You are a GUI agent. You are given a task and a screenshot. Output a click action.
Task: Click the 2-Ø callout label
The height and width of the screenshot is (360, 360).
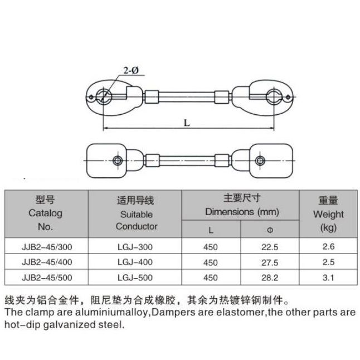tap(131, 70)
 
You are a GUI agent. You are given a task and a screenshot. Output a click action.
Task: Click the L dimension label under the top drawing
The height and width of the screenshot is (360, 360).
tap(187, 123)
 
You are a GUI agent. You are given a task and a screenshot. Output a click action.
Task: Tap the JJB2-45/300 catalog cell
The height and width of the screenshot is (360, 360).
tap(47, 247)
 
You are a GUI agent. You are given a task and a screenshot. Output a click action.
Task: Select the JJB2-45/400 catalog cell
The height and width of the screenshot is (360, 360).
tap(47, 262)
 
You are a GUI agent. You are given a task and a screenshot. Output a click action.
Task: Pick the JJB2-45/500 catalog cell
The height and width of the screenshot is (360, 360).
tap(47, 278)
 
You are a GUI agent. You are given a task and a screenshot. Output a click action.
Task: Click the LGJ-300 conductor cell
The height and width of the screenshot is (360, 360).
tap(135, 247)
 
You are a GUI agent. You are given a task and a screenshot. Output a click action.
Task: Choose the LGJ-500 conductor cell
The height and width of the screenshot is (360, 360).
tap(135, 278)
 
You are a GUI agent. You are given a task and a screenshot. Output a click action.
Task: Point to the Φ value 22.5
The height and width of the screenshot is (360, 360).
tap(270, 247)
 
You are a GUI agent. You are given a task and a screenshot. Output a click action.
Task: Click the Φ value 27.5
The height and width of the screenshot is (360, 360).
tap(270, 262)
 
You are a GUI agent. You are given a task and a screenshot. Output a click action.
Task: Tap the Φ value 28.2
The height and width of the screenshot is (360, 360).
tap(270, 278)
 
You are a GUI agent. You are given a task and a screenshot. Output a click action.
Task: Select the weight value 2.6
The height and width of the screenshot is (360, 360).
tap(329, 246)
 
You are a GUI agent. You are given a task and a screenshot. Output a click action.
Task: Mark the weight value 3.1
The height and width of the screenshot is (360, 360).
tap(328, 278)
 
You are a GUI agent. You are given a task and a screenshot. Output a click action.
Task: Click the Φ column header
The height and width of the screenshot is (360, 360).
tap(270, 230)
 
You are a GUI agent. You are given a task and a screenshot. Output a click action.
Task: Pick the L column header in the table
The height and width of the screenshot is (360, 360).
tap(211, 230)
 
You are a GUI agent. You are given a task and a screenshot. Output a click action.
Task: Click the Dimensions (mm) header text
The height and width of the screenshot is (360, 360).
tap(242, 212)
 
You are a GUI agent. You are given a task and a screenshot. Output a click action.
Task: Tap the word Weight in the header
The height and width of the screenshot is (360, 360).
tap(329, 215)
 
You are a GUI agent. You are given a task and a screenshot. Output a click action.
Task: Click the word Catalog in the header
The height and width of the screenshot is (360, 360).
tap(46, 213)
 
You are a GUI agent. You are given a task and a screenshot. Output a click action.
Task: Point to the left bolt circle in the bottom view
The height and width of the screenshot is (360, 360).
tap(118, 160)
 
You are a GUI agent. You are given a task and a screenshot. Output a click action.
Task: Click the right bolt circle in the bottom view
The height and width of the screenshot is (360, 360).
tap(260, 160)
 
